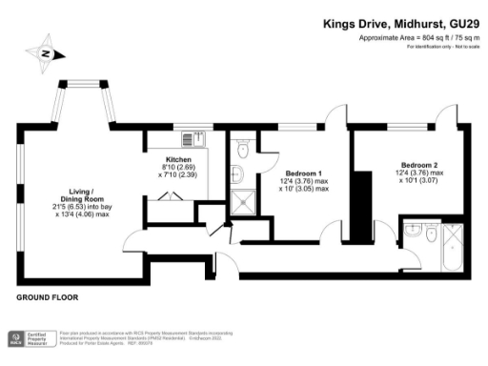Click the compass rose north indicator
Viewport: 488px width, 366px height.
pyautogui.click(x=44, y=54)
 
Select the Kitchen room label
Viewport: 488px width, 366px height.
pyautogui.click(x=178, y=159)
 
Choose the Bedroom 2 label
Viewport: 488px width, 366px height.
pyautogui.click(x=419, y=163)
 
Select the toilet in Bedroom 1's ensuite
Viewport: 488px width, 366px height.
pyautogui.click(x=242, y=149)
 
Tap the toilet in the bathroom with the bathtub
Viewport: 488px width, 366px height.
pyautogui.click(x=431, y=232)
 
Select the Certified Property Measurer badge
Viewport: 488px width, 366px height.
pyautogui.click(x=27, y=338)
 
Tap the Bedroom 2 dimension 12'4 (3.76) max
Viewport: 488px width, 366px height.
pyautogui.click(x=419, y=172)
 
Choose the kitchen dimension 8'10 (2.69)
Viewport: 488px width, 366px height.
pyautogui.click(x=178, y=168)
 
